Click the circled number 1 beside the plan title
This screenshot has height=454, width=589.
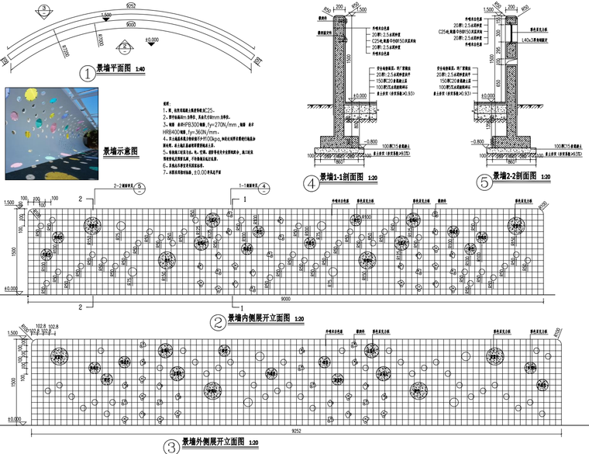pos(87,74)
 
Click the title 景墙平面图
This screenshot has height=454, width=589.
pos(113,70)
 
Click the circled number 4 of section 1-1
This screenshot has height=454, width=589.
pos(312,184)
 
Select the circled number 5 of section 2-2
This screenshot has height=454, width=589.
pos(485,184)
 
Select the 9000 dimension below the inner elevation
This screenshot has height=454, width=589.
pos(286,299)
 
